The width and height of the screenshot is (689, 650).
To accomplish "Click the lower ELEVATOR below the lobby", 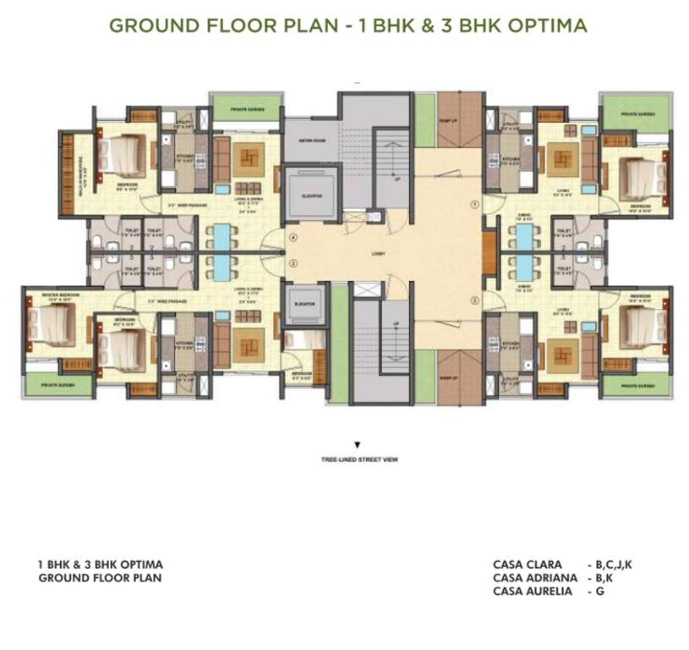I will click(x=305, y=303).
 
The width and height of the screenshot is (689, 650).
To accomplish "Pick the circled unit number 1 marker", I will click(x=475, y=204).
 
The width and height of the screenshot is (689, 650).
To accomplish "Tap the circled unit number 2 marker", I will click(x=475, y=300).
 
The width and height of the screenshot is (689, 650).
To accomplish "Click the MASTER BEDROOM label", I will click(x=41, y=295).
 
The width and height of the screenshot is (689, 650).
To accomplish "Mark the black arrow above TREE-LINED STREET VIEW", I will click(x=358, y=444).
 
